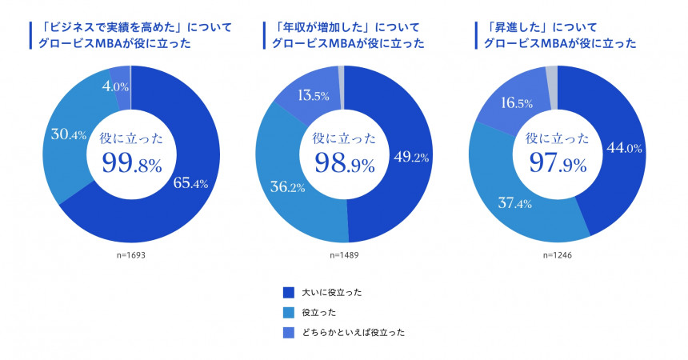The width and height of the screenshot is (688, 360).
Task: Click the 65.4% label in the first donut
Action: [x=190, y=183]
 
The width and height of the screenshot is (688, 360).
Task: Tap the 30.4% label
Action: [x=69, y=134]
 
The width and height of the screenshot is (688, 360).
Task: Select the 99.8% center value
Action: [x=132, y=162]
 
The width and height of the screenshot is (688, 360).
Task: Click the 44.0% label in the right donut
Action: [x=626, y=148]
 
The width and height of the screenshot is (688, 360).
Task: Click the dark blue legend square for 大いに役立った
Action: [x=289, y=293]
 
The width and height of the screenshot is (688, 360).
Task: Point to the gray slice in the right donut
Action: [x=552, y=77]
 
